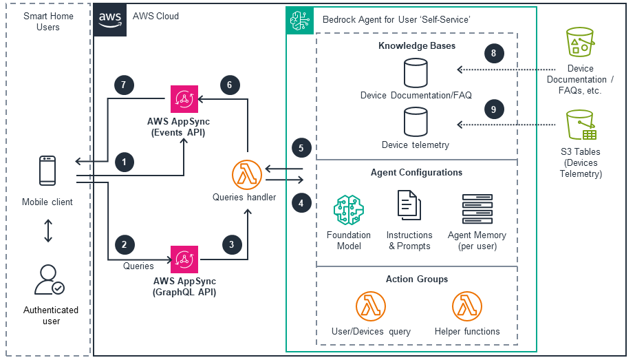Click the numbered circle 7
click(x=123, y=85)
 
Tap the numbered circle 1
click(x=124, y=162)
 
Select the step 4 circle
click(x=301, y=202)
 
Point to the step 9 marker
click(x=493, y=108)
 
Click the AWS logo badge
click(x=110, y=19)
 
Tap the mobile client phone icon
click(x=47, y=171)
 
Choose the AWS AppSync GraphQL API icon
click(x=184, y=260)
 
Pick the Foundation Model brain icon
click(x=348, y=210)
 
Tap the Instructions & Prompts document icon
click(x=409, y=207)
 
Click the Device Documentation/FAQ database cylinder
click(x=416, y=72)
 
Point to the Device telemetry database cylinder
click(x=416, y=123)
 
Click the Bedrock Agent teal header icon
click(x=300, y=20)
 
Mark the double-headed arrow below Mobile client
click(x=48, y=231)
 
